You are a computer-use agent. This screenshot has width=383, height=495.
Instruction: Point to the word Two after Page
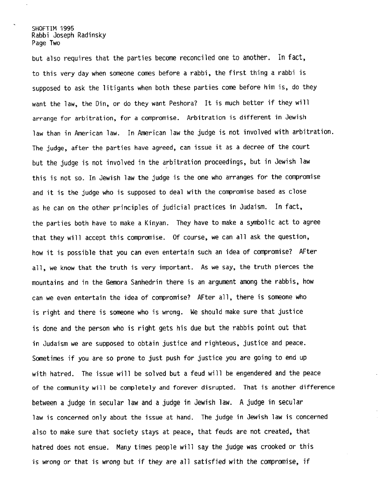55,43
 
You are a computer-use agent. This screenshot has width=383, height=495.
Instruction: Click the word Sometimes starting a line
47,358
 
